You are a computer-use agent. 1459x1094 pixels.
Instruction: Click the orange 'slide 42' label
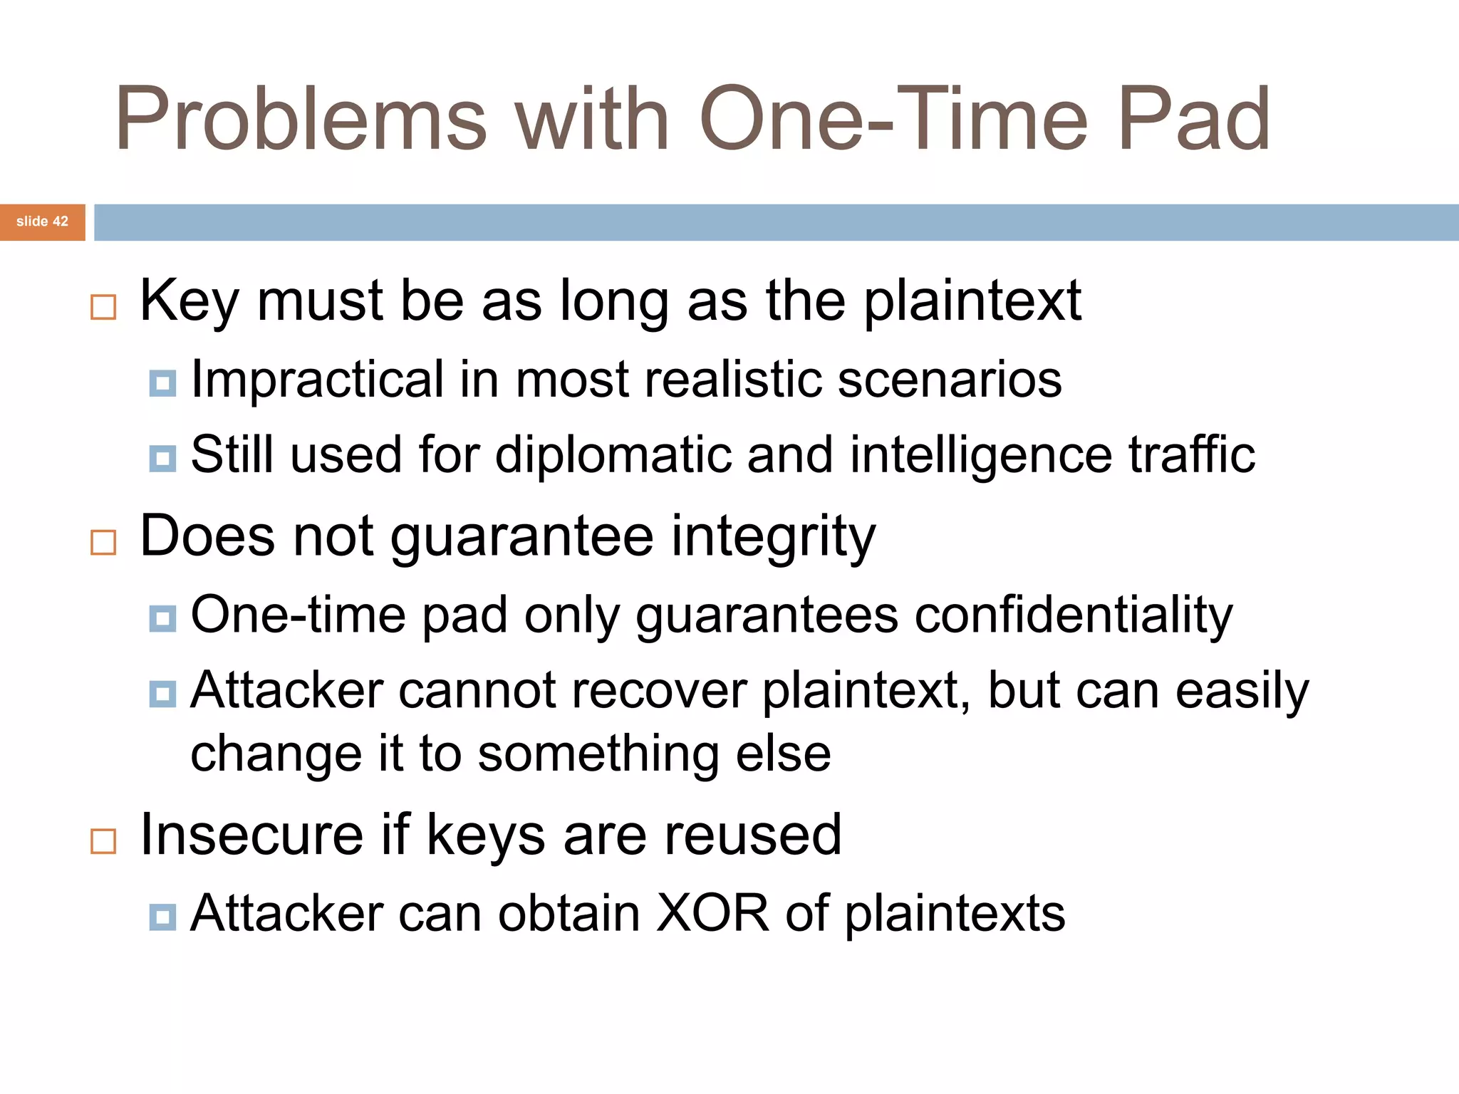click(42, 222)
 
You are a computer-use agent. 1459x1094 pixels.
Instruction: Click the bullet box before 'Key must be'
click(103, 307)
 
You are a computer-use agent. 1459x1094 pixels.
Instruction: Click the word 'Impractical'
click(317, 380)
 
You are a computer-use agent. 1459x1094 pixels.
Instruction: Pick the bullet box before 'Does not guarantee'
click(103, 542)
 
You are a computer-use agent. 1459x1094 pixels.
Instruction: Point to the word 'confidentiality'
click(1073, 615)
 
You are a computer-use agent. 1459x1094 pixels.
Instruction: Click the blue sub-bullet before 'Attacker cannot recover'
click(162, 693)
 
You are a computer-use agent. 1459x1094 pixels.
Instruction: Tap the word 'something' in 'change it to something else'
click(598, 754)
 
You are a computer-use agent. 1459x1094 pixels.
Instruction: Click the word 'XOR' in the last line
click(712, 913)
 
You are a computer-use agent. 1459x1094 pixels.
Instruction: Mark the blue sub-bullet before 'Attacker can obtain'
click(162, 917)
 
